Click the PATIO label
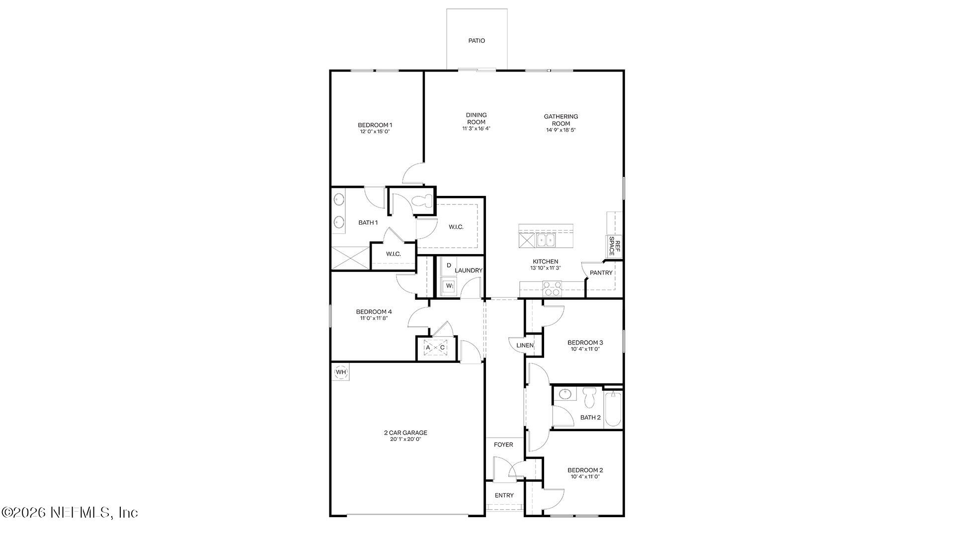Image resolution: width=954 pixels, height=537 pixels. coord(477,41)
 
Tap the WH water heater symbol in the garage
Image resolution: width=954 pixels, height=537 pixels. coord(340,372)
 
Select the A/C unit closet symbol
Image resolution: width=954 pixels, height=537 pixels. coord(435,348)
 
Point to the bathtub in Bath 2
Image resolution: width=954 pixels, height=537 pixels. coord(613,409)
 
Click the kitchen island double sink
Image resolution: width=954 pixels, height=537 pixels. coord(546,241)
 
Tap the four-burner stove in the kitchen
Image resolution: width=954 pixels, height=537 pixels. coord(552,288)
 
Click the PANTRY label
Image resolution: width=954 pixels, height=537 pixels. coord(601,273)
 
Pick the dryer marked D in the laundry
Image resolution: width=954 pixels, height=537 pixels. coord(449,266)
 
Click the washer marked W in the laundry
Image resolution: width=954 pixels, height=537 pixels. coord(449,286)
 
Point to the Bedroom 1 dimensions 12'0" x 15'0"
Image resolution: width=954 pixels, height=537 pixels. coord(375,132)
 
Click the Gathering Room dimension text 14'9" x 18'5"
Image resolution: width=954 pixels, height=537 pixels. coord(561,130)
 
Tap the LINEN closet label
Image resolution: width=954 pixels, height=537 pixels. coord(525,346)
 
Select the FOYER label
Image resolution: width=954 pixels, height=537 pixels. coord(503,445)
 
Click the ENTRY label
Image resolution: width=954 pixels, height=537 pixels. coord(504,495)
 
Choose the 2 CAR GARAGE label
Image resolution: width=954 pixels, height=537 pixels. coord(405,433)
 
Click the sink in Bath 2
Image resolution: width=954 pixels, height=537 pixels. coord(564,394)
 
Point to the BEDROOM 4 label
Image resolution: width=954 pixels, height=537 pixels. coord(374,312)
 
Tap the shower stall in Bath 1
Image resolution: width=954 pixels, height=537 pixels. coord(350,258)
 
